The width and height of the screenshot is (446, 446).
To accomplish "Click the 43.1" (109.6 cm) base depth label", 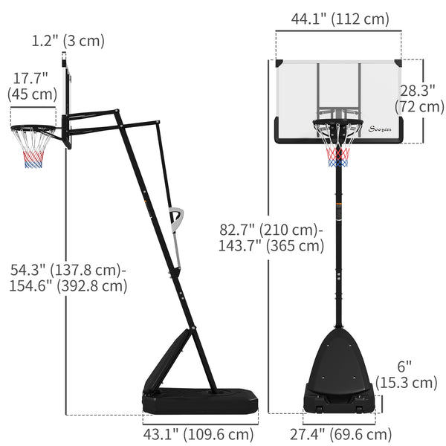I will [198, 434].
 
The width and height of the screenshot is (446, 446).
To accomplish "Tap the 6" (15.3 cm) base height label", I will [416, 375].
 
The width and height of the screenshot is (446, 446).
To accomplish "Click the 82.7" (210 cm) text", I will [267, 230].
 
